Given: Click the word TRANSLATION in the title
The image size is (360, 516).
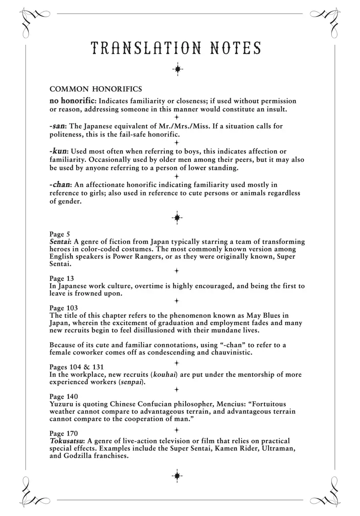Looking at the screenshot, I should click(x=146, y=48).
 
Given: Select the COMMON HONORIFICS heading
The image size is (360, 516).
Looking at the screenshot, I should click(x=96, y=89).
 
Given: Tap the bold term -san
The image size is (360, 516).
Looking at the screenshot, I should click(x=57, y=126).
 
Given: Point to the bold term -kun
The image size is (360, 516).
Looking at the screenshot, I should click(x=58, y=151).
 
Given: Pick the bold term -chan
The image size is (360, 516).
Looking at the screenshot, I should click(x=60, y=185).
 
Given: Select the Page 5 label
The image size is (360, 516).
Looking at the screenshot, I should click(x=60, y=234).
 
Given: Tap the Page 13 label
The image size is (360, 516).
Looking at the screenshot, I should click(x=62, y=278).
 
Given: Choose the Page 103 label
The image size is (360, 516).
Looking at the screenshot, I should click(x=64, y=308).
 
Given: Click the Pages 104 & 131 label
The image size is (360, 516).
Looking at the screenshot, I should click(x=77, y=367).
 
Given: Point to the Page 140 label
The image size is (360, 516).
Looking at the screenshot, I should click(x=64, y=397).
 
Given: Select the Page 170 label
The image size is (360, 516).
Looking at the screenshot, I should click(x=64, y=434).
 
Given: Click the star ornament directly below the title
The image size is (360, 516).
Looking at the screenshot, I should click(x=178, y=69).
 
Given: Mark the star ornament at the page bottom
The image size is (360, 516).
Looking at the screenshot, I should click(x=177, y=476).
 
